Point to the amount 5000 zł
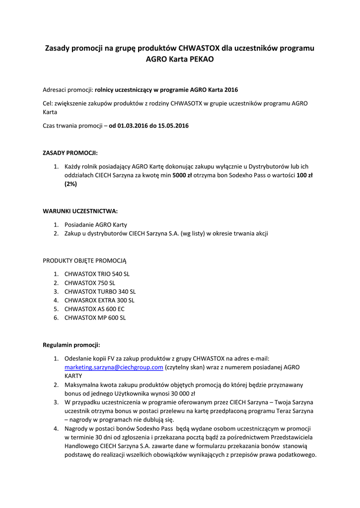183,175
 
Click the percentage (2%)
71,184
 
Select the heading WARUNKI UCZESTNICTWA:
80,210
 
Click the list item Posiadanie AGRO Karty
95,225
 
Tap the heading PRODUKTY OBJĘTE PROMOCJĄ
85,260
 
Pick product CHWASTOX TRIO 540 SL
97,274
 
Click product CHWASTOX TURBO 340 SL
100,292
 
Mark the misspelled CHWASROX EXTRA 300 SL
99,300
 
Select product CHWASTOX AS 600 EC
94,309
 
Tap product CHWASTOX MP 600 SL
95,318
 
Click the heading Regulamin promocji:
72,344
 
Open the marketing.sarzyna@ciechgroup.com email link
114,367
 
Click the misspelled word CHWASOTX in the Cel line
187,104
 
